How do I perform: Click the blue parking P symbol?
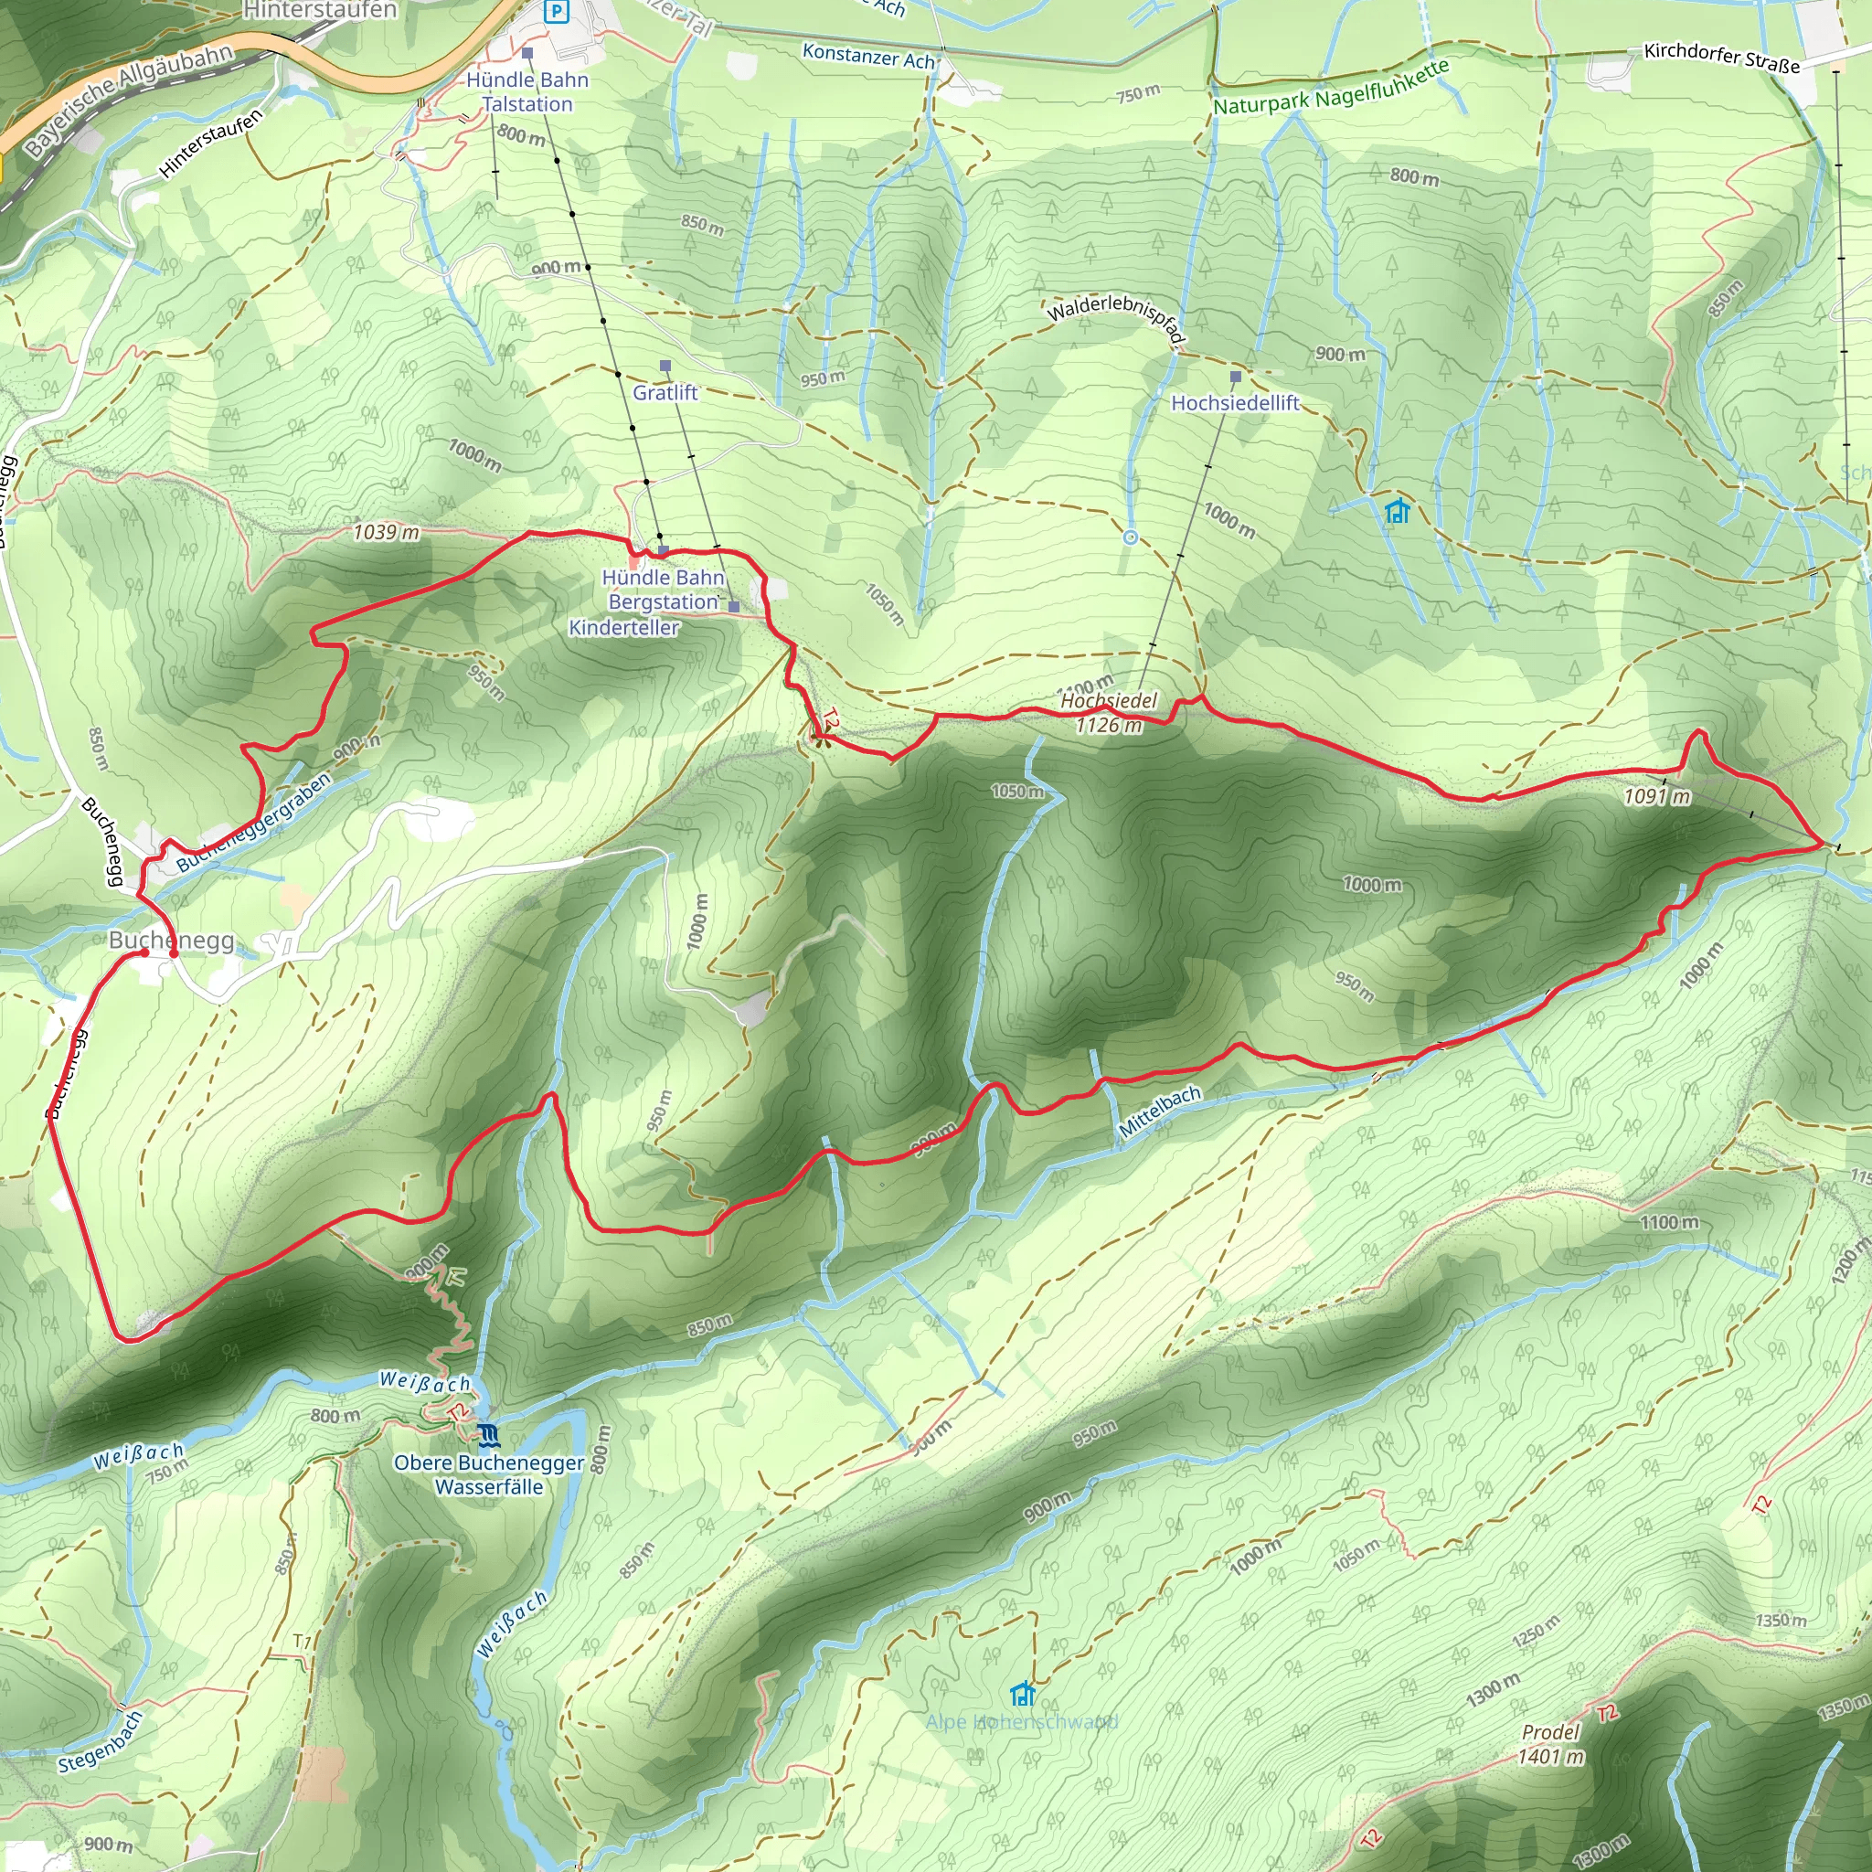coord(556,12)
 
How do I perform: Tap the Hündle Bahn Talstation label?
coord(527,92)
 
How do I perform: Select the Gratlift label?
coord(665,392)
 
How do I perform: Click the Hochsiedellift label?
coord(1236,403)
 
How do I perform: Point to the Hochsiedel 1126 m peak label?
coord(1109,713)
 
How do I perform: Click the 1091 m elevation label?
coord(1657,796)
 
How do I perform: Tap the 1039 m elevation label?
coord(386,532)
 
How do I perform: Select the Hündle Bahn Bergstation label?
coord(664,590)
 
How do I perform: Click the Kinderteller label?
coord(624,628)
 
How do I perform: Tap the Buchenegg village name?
coord(172,940)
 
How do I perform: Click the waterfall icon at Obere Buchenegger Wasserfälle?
coord(488,1434)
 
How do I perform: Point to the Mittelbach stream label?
coord(1160,1112)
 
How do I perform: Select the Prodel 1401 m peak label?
coord(1550,1744)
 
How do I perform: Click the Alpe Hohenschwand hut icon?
coord(1022,1695)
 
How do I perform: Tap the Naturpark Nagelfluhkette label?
coord(1331,88)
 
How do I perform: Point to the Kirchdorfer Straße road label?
coord(1722,58)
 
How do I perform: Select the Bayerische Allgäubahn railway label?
coord(129,101)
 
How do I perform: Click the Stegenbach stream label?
coord(101,1742)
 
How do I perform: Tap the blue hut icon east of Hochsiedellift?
coord(1397,511)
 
